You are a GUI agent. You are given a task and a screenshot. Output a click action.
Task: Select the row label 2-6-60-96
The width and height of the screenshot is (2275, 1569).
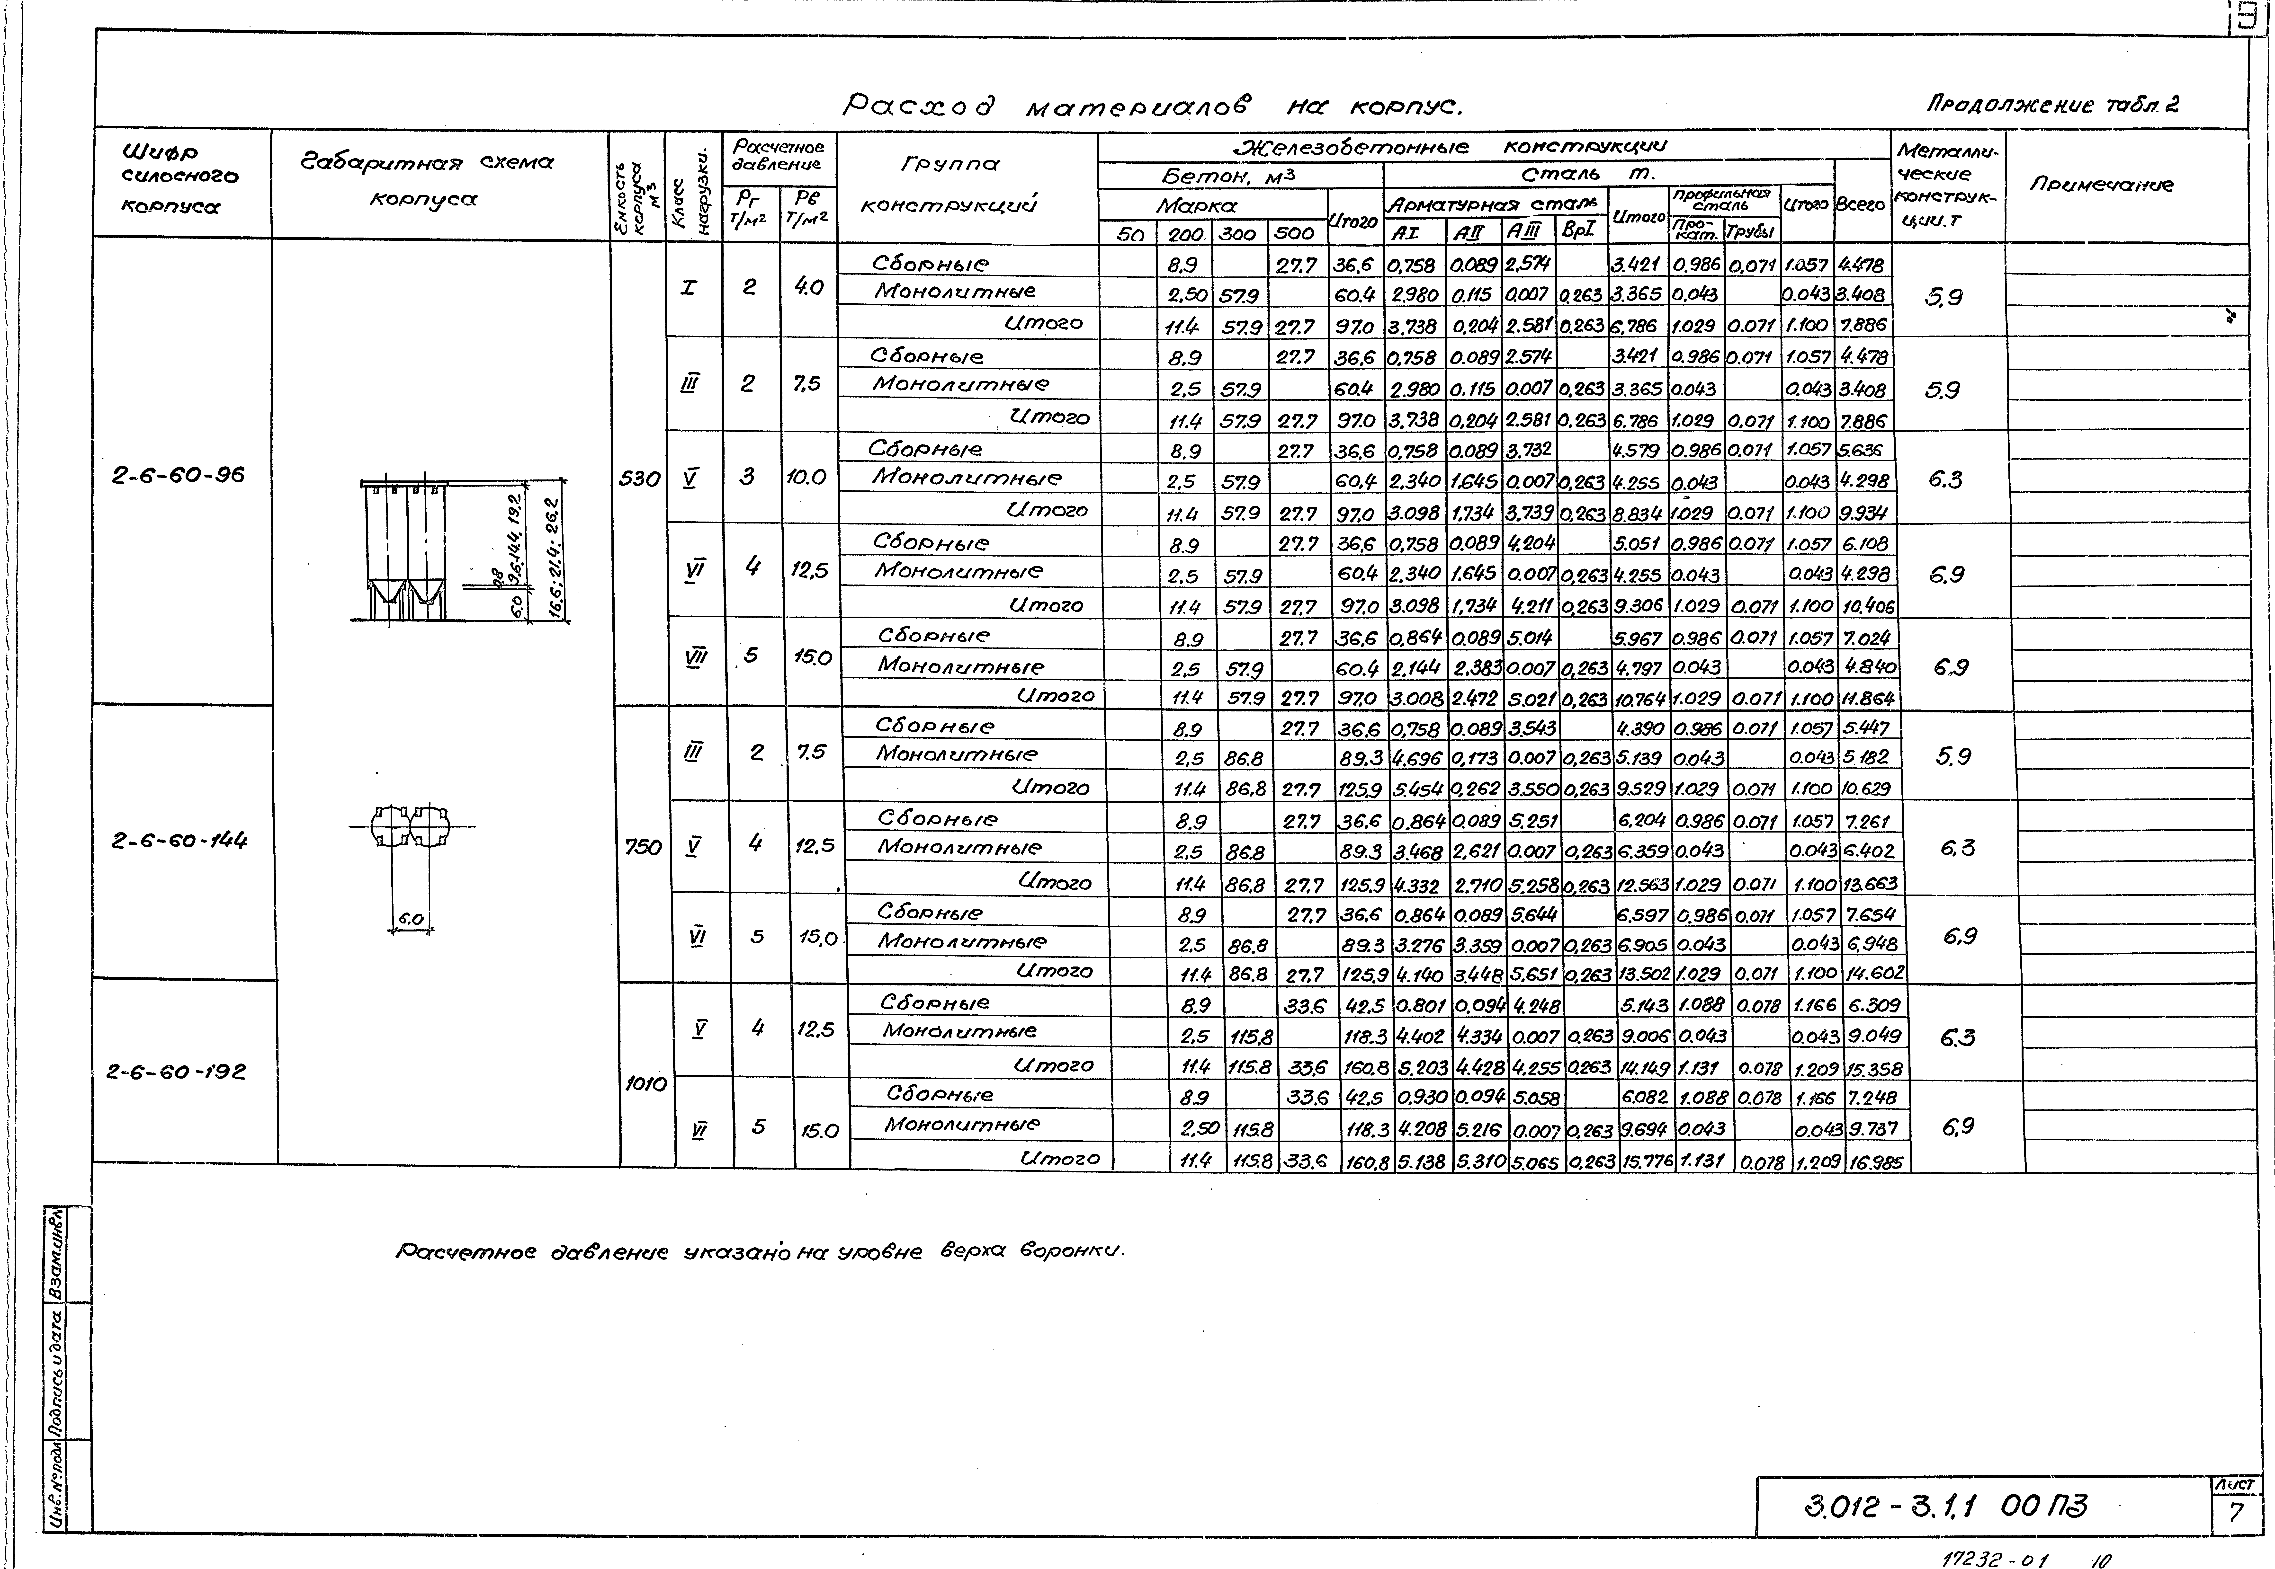coord(178,475)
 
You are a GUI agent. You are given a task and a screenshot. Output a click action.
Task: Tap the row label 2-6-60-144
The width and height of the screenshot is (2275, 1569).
coord(180,841)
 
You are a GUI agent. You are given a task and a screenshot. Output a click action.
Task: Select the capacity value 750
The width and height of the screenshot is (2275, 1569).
coord(643,846)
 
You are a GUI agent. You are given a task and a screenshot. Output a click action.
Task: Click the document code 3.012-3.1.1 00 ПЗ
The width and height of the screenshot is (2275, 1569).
coord(1945,1505)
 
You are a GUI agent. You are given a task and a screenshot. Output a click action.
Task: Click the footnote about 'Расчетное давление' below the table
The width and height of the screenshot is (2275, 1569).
coord(759,1251)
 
